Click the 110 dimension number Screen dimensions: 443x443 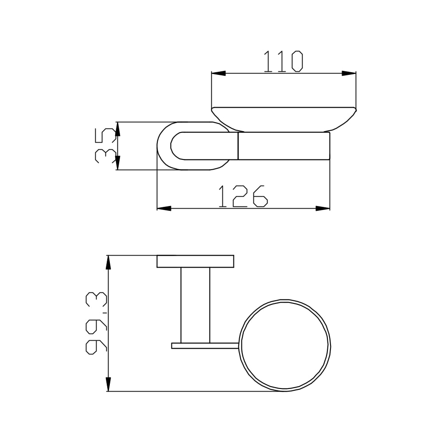(283, 62)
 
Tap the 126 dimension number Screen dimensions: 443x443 (243, 196)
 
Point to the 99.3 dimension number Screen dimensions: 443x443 (96, 323)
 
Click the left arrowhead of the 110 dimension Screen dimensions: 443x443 (219, 74)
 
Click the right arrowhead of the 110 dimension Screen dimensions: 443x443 (349, 74)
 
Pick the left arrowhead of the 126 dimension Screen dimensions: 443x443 (164, 209)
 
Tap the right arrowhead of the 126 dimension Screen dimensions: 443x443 (323, 209)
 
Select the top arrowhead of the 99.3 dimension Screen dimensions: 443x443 (109, 262)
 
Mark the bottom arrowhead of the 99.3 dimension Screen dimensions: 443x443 (109, 384)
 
